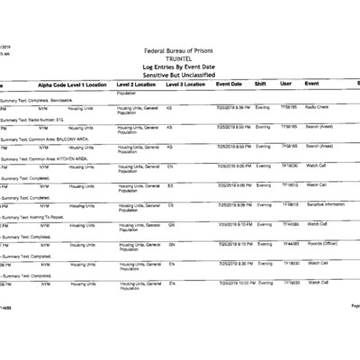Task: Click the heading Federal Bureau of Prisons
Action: click(180, 52)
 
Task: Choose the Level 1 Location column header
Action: click(87, 84)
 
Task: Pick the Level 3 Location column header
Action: click(186, 84)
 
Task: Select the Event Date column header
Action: click(229, 84)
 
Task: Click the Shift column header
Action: click(261, 84)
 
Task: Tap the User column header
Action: click(286, 84)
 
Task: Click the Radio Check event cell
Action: click(318, 106)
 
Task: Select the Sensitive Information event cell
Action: click(327, 204)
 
